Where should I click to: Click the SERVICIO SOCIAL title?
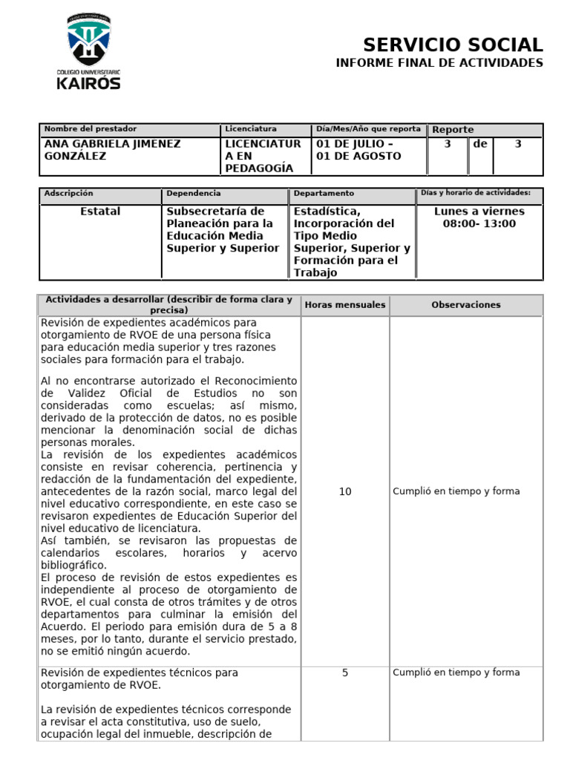coord(453,45)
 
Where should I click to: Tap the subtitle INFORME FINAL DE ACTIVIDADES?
coord(439,63)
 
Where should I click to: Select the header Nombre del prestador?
coord(91,129)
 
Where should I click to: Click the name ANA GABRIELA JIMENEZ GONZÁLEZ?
coord(112,150)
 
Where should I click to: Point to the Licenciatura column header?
coord(251,129)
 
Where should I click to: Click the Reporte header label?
coord(453,130)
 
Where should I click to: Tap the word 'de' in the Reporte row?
coord(480,144)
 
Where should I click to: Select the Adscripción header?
coord(69,194)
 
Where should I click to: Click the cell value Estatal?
coord(100,212)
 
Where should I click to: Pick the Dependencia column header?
coord(193,194)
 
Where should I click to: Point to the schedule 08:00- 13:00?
coord(479,223)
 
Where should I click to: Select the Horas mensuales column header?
coord(345,305)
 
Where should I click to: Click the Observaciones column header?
coord(466,305)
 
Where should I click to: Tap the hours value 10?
coord(345,491)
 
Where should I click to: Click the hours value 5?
coord(345,672)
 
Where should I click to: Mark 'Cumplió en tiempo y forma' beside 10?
coord(456,491)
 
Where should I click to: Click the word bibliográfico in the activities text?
coord(73,565)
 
